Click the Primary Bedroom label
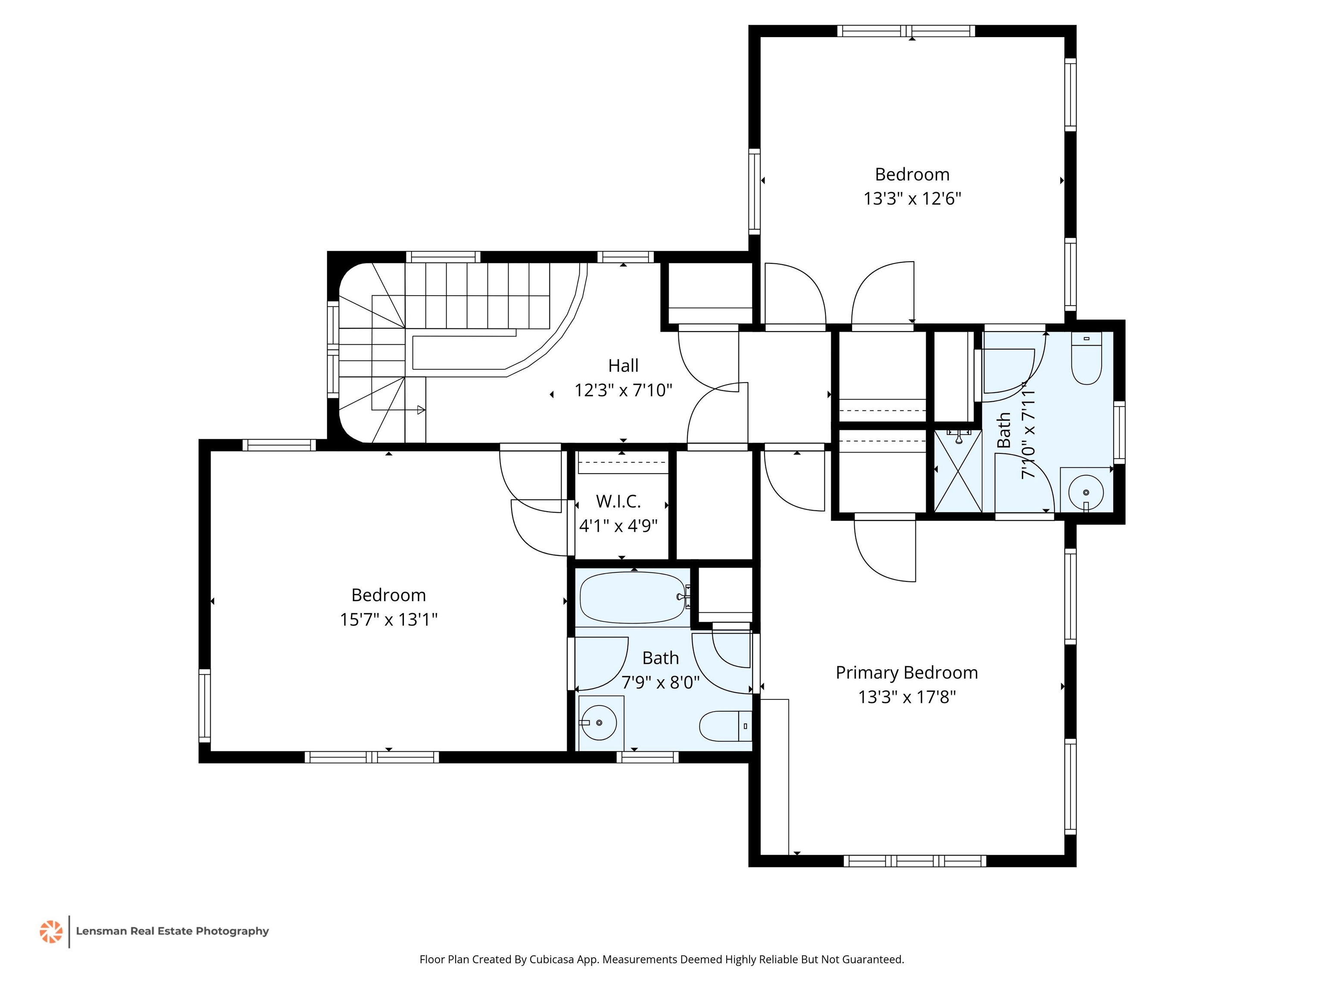[906, 673]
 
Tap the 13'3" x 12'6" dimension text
[912, 199]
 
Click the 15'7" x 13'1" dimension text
[388, 619]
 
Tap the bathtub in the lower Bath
[633, 597]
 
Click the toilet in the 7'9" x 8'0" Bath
[725, 726]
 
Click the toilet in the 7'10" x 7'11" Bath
[1087, 359]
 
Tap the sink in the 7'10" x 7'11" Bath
[1086, 492]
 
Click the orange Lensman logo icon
[51, 931]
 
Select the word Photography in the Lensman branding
[232, 931]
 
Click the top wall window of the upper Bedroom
[906, 31]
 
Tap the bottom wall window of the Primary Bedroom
[915, 861]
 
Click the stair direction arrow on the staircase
[421, 410]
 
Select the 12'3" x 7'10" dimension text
[623, 390]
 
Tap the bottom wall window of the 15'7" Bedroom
[372, 757]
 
